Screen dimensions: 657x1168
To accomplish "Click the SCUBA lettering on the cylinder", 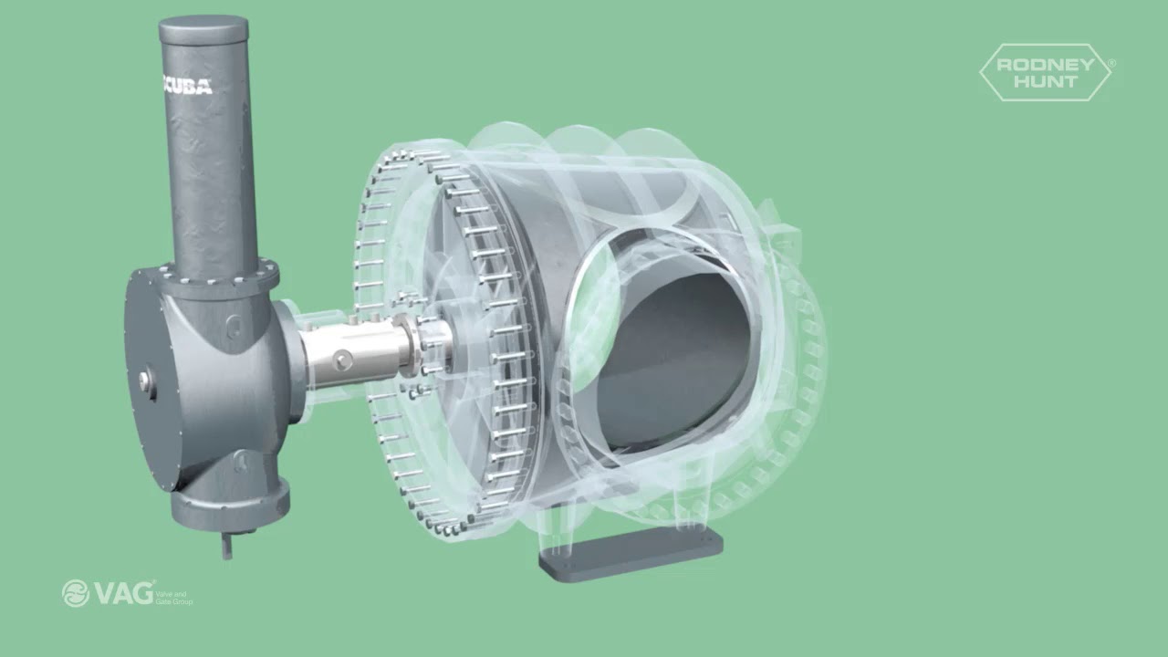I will pos(187,87).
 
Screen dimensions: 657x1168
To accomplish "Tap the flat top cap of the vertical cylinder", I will pos(203,29).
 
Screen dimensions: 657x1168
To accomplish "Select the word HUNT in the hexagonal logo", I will pos(1045,81).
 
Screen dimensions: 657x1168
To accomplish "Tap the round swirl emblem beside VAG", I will pos(76,594).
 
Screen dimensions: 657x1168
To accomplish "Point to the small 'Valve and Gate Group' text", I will pos(174,598).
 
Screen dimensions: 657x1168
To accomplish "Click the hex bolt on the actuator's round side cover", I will pos(145,381).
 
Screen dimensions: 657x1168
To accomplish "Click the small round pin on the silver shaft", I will pos(343,361).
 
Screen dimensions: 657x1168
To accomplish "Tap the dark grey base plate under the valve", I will pos(631,551).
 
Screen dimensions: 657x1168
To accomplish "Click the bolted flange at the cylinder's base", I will pos(219,273).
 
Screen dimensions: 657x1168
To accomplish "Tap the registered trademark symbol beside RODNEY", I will pos(1111,63).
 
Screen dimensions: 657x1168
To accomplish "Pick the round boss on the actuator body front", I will pos(235,324).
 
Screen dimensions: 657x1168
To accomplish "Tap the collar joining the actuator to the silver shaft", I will pos(290,360).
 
